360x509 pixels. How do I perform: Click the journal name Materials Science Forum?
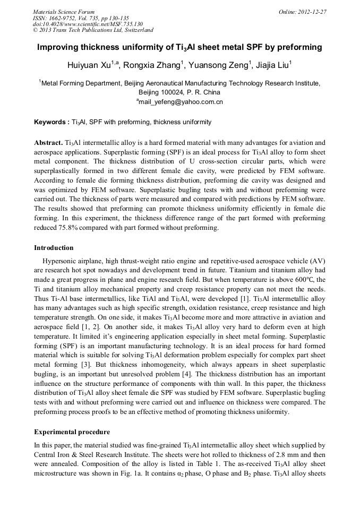pos(64,12)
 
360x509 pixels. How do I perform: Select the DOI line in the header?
pos(88,24)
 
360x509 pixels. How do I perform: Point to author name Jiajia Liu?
pos(270,65)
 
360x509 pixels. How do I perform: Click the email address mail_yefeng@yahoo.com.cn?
pos(181,101)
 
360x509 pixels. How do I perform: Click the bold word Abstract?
pos(48,143)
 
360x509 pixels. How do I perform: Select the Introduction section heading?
pos(54,248)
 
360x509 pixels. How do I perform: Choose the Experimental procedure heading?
pos(72,432)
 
